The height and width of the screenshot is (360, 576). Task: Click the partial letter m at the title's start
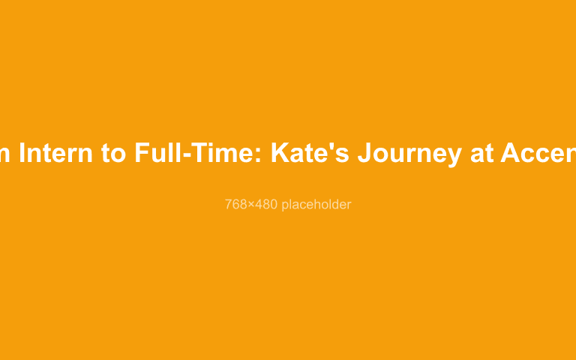5,154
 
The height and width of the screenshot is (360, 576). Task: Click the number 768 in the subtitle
235,204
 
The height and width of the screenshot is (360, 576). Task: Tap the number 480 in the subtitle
265,204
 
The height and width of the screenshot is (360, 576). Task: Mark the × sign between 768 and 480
251,205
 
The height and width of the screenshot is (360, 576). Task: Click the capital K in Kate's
280,153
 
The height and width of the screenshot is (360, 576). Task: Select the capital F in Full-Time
142,153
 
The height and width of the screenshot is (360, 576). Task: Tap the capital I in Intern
22,153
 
